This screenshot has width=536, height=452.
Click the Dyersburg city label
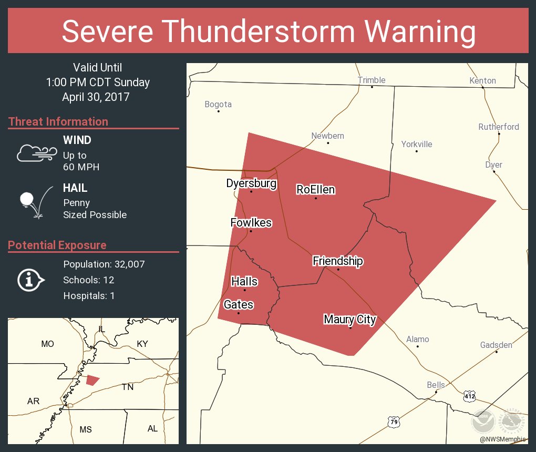[x=251, y=183]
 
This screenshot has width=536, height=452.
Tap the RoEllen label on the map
[x=315, y=189]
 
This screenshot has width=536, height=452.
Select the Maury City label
[x=350, y=319]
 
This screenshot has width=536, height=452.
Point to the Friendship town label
[x=338, y=261]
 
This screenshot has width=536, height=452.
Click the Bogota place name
[x=218, y=105]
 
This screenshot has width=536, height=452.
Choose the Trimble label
[x=372, y=80]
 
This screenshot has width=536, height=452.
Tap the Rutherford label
[x=498, y=127]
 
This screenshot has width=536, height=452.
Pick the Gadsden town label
[x=496, y=345]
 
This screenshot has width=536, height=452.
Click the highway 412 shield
[x=469, y=396]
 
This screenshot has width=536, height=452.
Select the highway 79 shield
[x=394, y=422]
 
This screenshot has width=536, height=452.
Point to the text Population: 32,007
[x=104, y=264]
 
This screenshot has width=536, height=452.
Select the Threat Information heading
[x=58, y=121]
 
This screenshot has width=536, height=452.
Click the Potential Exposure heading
[x=57, y=245]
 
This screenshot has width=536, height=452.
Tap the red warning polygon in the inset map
[x=93, y=379]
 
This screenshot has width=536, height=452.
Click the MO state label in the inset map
[x=47, y=344]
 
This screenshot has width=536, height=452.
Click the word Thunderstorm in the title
[x=267, y=32]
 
